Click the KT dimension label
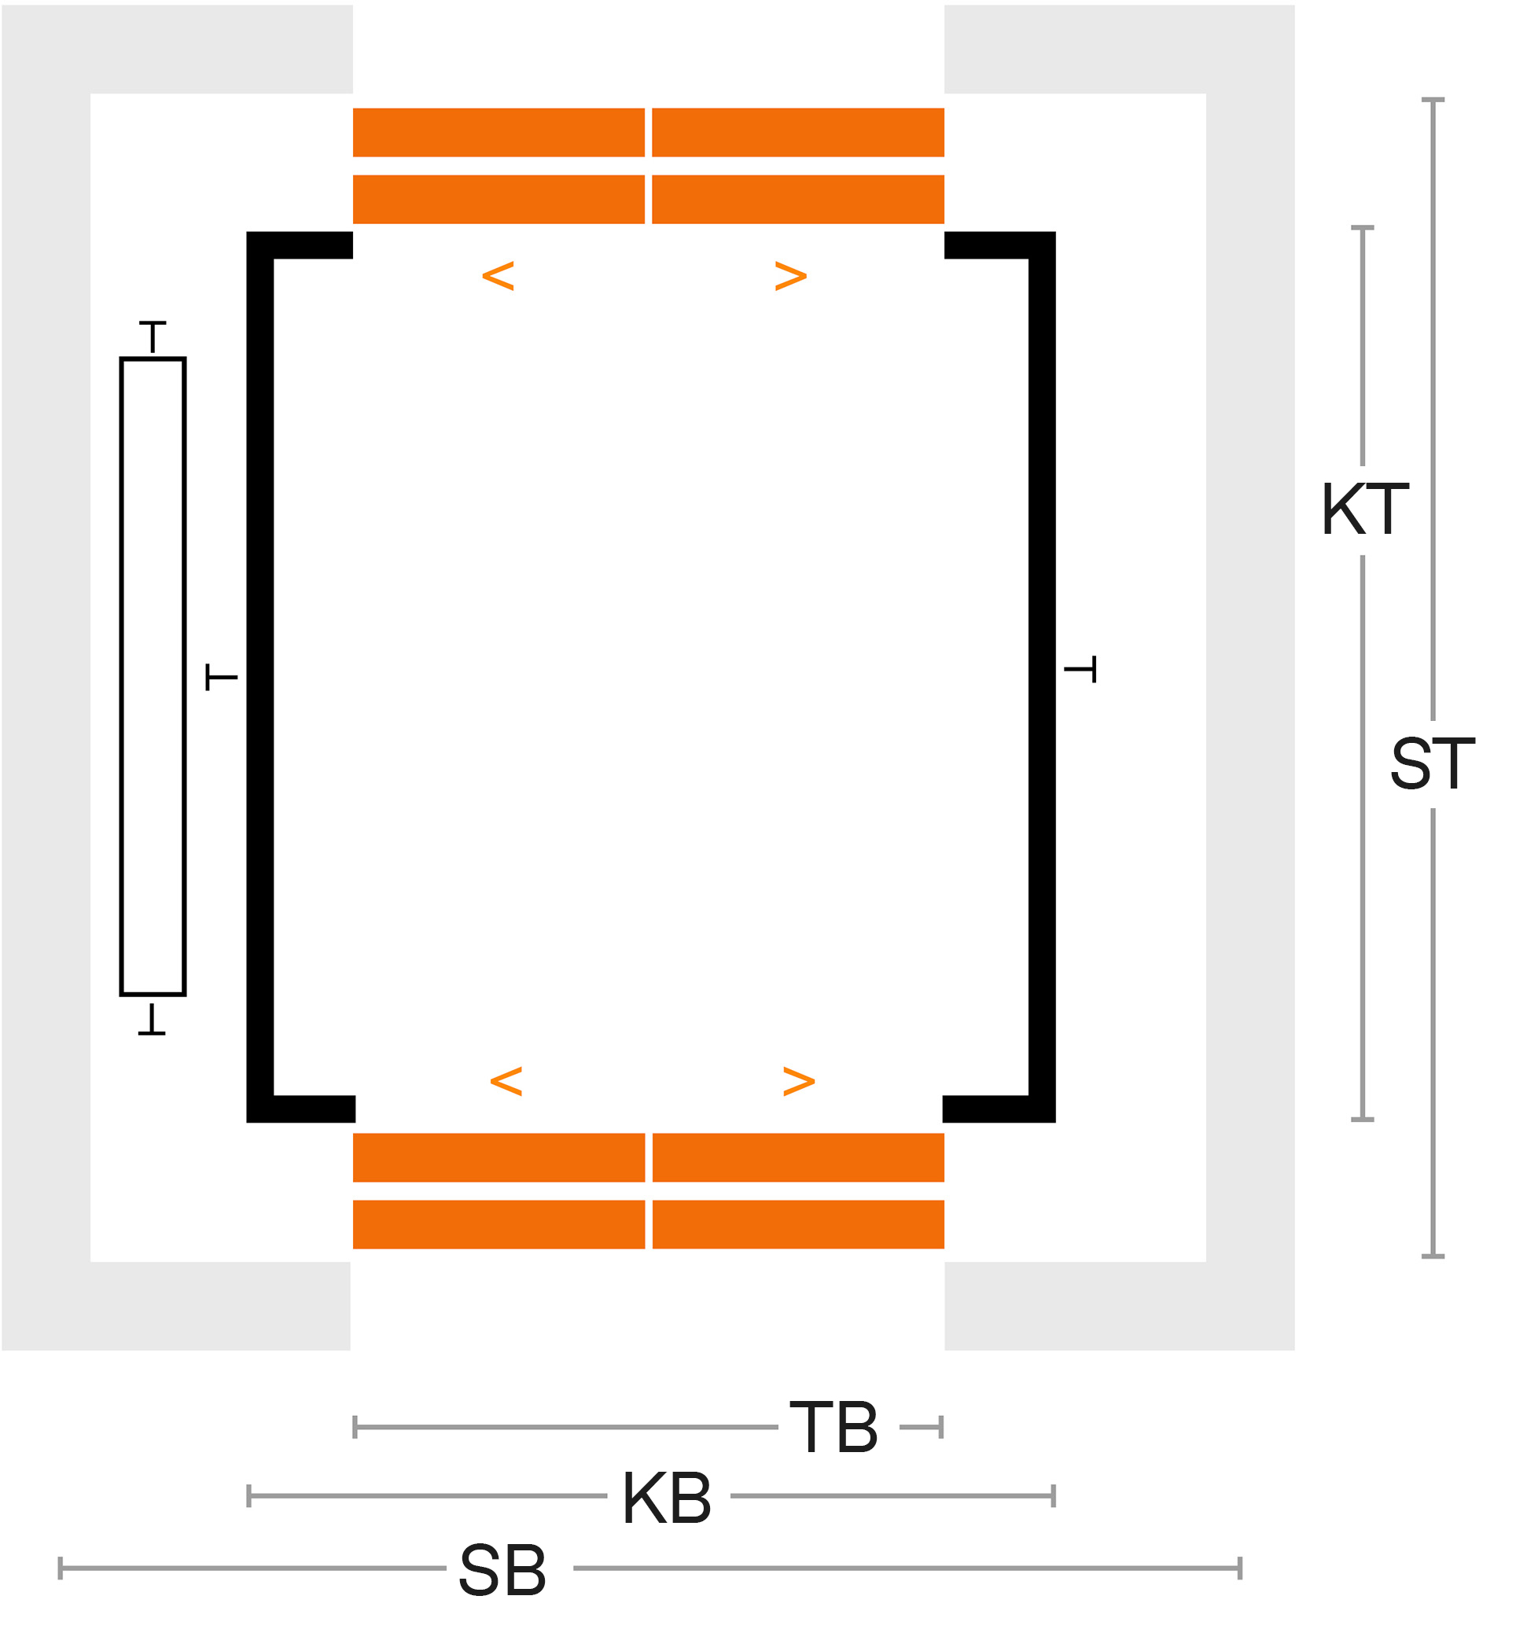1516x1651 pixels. [1365, 510]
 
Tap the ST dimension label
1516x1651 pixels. [1433, 763]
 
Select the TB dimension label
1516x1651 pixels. [834, 1427]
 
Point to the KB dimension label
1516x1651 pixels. [667, 1498]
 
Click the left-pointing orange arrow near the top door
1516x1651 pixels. [498, 277]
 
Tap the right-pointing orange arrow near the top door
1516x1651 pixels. [791, 277]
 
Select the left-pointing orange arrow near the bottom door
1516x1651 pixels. [506, 1082]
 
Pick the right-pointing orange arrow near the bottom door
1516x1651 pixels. [799, 1082]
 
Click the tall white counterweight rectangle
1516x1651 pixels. [153, 677]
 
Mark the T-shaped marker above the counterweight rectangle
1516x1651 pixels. [153, 337]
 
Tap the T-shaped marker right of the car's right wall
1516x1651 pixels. [1080, 669]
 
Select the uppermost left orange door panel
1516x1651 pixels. [499, 132]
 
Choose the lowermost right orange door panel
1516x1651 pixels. [798, 1225]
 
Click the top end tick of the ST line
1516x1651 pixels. [1433, 100]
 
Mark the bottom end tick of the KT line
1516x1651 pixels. [1363, 1119]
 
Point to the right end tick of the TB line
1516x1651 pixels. [941, 1427]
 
